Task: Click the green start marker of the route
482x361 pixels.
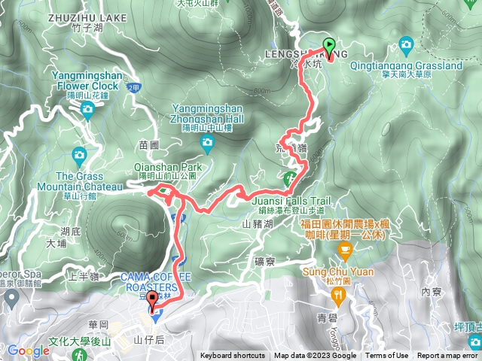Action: click(x=329, y=45)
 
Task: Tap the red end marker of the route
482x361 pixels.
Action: click(x=154, y=300)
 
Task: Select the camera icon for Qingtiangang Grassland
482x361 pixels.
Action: click(x=407, y=46)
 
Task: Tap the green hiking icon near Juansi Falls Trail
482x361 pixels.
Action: click(x=290, y=178)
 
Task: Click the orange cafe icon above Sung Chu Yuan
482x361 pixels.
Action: click(x=345, y=248)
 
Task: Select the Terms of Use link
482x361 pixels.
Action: click(x=388, y=356)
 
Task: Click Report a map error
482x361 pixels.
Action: click(x=448, y=356)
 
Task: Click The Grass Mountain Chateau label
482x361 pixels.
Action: click(x=88, y=181)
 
